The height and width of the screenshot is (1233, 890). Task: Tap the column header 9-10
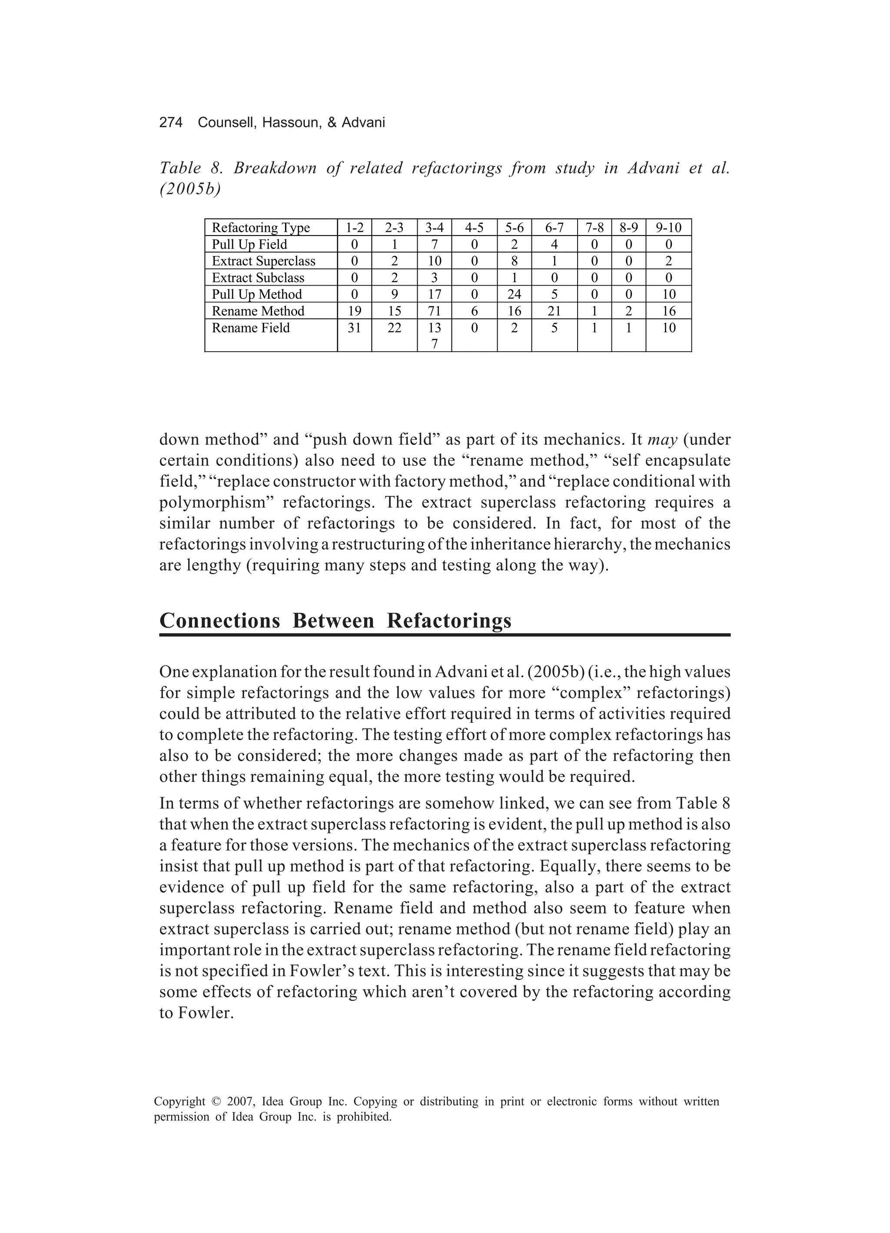[668, 227]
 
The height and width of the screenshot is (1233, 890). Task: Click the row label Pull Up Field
[249, 244]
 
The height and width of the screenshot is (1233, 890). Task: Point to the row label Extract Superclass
[263, 261]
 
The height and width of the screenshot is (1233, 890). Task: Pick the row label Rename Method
[258, 311]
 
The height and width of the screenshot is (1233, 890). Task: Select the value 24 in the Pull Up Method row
[514, 294]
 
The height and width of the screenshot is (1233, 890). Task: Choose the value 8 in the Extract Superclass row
[514, 261]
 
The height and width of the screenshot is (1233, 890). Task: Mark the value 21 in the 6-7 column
[554, 311]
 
